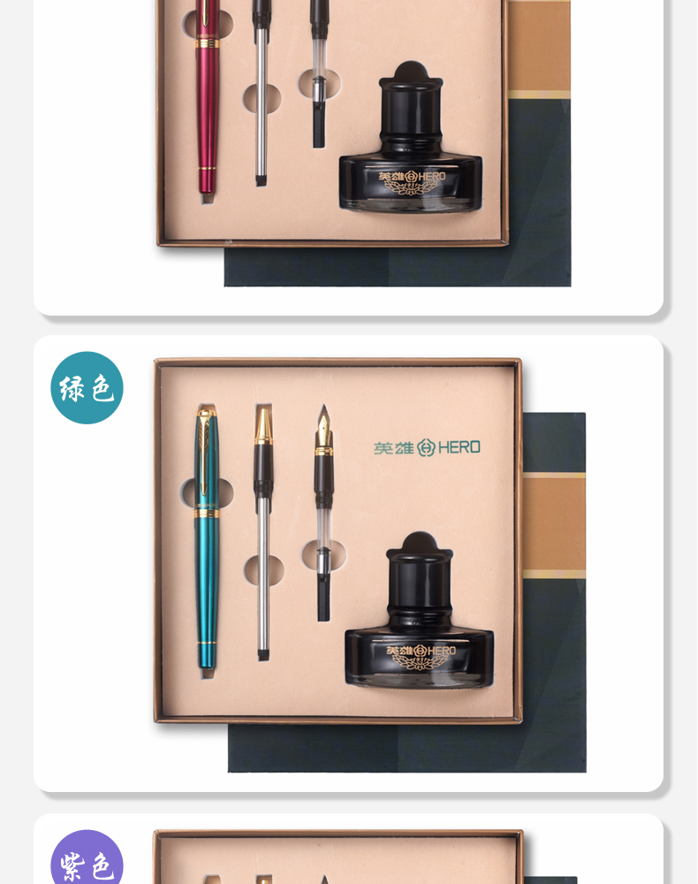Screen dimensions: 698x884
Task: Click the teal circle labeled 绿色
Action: point(87,388)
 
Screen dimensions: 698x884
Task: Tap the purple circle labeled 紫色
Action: point(87,857)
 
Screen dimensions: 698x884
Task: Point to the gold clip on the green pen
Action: point(204,451)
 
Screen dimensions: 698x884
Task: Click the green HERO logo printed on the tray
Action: point(427,447)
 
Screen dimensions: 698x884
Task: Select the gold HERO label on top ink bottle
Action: point(412,181)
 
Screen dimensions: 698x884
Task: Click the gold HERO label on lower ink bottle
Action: point(421,656)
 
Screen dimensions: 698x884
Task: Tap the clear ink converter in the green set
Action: point(323,558)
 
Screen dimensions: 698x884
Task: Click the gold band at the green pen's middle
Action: point(207,513)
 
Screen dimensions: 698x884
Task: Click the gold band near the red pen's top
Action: point(208,42)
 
